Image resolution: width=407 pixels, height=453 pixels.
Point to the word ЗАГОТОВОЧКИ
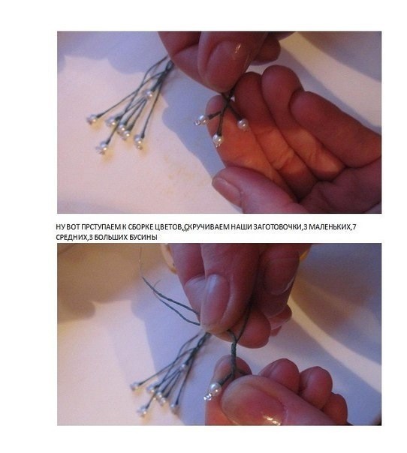coord(277,227)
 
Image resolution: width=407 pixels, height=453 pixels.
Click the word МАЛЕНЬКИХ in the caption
coord(330,227)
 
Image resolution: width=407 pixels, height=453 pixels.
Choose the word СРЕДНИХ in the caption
coord(71,238)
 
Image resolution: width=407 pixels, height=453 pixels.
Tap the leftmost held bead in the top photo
coord(200,120)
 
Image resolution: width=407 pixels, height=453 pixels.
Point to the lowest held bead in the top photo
coord(218,139)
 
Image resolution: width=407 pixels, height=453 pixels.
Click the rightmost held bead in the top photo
coord(243,124)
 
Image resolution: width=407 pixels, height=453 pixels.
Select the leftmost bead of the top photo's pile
coord(92,118)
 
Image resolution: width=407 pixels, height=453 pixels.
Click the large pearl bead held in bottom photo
coord(215,389)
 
